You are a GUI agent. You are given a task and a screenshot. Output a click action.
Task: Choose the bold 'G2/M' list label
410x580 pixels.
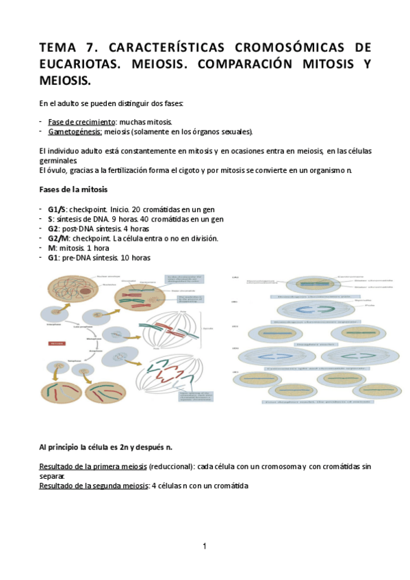[59, 238]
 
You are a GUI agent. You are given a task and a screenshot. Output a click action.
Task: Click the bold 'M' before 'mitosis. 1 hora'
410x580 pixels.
[51, 248]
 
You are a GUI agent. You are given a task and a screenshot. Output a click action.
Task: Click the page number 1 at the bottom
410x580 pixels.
[205, 546]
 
